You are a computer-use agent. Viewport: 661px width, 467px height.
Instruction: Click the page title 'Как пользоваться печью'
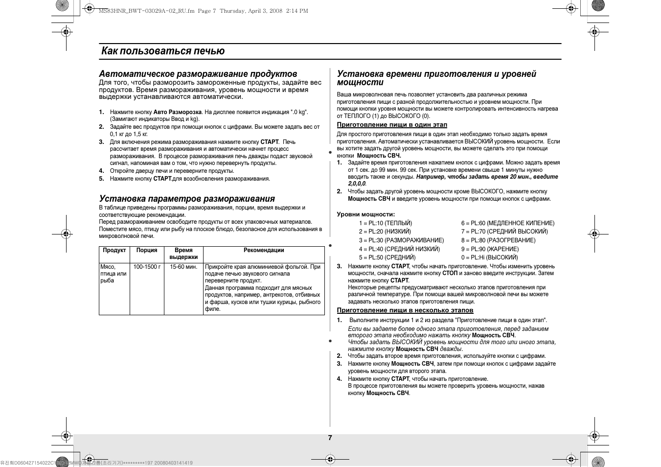tap(163, 51)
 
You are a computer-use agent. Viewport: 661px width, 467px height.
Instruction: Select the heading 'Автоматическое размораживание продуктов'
tap(198, 74)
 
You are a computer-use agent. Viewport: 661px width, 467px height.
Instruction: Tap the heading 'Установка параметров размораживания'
tap(187, 199)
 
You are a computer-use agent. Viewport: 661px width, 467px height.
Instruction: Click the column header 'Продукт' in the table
tap(114, 250)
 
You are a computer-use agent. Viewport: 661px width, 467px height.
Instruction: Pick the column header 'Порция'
tap(147, 250)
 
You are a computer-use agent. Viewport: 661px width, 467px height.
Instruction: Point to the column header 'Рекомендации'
tap(264, 250)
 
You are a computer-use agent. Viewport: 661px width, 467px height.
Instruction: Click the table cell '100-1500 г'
tap(147, 267)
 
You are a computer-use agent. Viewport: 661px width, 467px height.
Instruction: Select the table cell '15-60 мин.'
tap(183, 267)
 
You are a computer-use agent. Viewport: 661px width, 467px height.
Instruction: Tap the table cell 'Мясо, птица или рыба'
tap(114, 274)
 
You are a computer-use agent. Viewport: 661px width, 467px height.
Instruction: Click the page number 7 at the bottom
tap(330, 438)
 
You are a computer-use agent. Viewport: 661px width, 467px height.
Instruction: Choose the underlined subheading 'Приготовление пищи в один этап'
tap(392, 125)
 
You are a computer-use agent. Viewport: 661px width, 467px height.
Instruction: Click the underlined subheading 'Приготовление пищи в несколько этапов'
tap(405, 310)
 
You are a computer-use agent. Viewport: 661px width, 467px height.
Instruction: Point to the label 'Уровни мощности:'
tap(365, 214)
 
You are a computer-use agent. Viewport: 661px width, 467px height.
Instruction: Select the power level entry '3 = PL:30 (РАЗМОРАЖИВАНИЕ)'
tap(401, 240)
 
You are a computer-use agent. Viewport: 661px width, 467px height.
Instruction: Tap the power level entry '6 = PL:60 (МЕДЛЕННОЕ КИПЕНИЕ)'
tap(508, 223)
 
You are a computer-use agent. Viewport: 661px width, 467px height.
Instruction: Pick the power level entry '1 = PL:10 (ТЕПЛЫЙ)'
tap(386, 223)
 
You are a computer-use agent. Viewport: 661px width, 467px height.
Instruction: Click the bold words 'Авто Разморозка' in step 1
tap(178, 112)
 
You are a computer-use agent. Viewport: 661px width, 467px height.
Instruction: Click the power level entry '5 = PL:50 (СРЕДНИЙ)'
tap(387, 257)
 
